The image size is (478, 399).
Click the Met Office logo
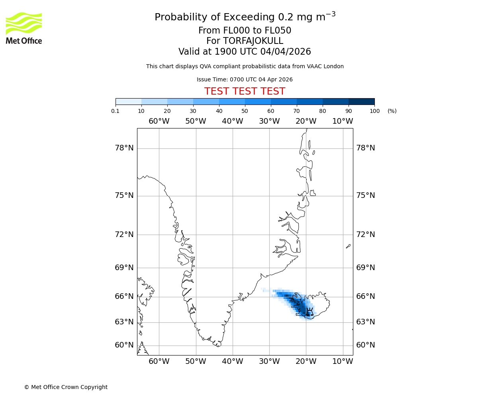pos(24,28)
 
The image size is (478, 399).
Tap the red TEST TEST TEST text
pos(245,91)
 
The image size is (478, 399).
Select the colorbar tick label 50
pos(245,111)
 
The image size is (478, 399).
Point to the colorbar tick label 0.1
pos(116,111)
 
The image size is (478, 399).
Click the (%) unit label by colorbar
pos(392,111)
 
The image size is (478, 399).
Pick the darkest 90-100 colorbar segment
pos(361,101)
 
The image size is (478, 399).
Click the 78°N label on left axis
pos(124,148)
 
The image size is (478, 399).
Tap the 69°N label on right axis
pos(365,267)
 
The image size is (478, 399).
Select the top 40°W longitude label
pos(232,121)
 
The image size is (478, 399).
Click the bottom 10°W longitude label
pos(343,361)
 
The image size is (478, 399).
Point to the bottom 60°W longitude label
pos(159,361)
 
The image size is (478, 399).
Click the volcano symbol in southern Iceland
pos(309,312)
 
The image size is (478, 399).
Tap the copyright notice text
pos(66,387)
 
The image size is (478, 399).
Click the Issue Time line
pos(245,79)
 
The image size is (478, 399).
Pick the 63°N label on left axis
pos(124,322)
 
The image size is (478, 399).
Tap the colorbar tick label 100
pos(374,111)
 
